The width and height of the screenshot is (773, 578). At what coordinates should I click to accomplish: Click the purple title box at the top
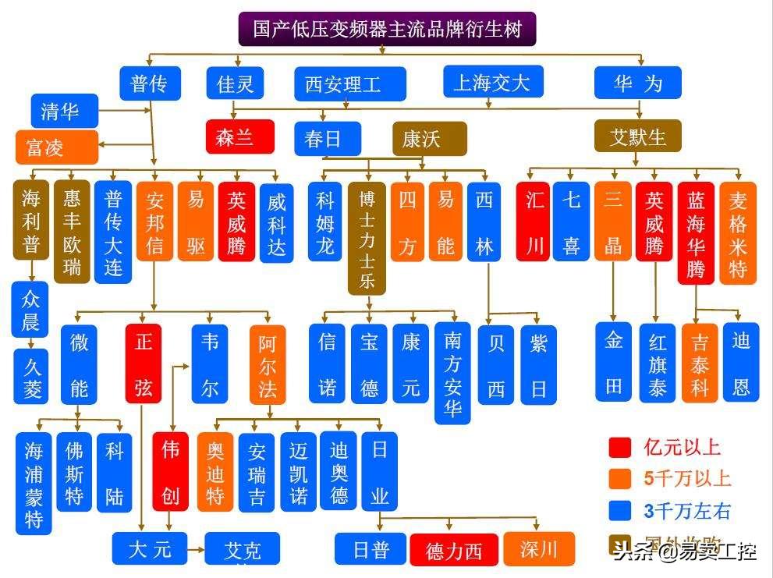(387, 29)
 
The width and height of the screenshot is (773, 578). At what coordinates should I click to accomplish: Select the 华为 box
(637, 83)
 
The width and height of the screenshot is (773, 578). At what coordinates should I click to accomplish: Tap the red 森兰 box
(240, 137)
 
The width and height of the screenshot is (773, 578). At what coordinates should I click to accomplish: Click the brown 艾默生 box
(637, 137)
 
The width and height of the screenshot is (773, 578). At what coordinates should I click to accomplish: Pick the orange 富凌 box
(57, 147)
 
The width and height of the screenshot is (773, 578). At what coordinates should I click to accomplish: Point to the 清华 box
(65, 111)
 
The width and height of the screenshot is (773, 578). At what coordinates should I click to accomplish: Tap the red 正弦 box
(144, 363)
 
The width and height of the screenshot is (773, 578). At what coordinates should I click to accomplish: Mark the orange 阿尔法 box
(268, 363)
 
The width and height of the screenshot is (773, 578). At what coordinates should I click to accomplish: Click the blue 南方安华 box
(452, 373)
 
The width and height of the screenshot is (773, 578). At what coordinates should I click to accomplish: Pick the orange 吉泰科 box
(700, 363)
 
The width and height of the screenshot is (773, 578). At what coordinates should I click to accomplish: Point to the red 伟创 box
(170, 470)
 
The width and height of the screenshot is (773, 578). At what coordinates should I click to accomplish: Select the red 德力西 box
(453, 551)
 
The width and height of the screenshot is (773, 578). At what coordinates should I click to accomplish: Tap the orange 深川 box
(539, 549)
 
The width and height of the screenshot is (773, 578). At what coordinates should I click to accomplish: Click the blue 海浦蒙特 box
(34, 483)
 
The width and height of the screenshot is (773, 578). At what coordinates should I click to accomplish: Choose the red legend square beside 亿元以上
(620, 447)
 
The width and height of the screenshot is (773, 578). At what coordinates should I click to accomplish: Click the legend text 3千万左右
(687, 512)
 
